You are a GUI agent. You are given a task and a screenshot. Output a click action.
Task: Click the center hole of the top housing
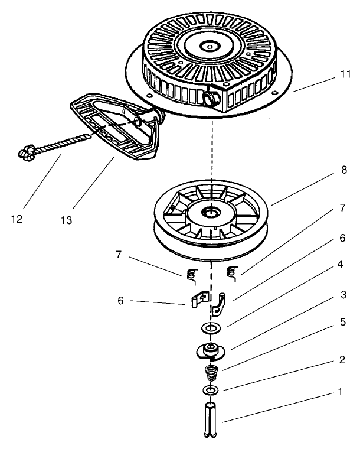click(x=210, y=44)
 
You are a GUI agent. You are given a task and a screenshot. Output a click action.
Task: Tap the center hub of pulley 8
click(x=210, y=211)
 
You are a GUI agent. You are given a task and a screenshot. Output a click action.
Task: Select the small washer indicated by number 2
click(x=210, y=391)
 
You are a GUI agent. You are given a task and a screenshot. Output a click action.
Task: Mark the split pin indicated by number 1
click(x=210, y=420)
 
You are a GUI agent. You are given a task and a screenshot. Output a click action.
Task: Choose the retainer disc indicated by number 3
click(x=210, y=351)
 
